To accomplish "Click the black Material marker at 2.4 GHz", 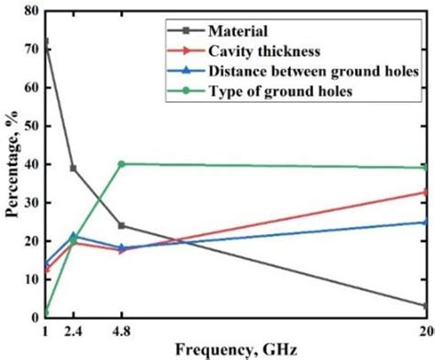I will (73, 168).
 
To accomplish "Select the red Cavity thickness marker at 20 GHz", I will (427, 192).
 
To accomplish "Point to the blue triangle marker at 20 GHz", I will (427, 221).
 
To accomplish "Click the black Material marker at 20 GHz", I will (427, 306).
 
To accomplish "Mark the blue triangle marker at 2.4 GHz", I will (73, 236).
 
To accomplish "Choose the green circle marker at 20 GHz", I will (427, 168).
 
